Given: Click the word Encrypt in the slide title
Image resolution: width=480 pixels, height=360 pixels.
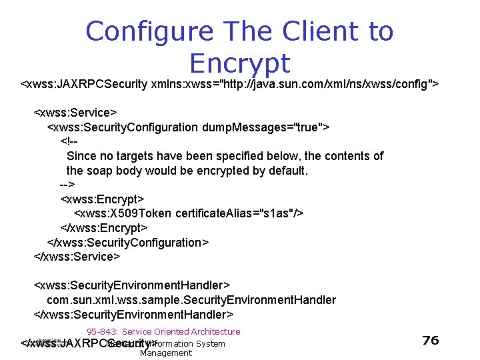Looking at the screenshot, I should pos(240,63).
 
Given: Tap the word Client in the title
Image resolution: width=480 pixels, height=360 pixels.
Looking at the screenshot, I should pos(323,31).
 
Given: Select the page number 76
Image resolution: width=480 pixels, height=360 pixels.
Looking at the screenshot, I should pos(431,340).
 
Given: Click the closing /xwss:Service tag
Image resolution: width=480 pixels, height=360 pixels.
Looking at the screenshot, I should pos(77,257).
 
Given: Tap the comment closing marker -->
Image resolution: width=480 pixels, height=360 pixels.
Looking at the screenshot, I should pos(67,185).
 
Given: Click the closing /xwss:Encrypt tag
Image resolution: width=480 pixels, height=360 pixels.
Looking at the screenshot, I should pos(104,228).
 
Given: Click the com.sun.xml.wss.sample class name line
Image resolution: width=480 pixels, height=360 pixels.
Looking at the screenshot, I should pos(191,300).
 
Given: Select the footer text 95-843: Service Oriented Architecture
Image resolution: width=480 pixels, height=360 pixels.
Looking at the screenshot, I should pos(163,331).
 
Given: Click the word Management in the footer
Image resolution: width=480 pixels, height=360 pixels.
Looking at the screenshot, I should pos(166,353).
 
